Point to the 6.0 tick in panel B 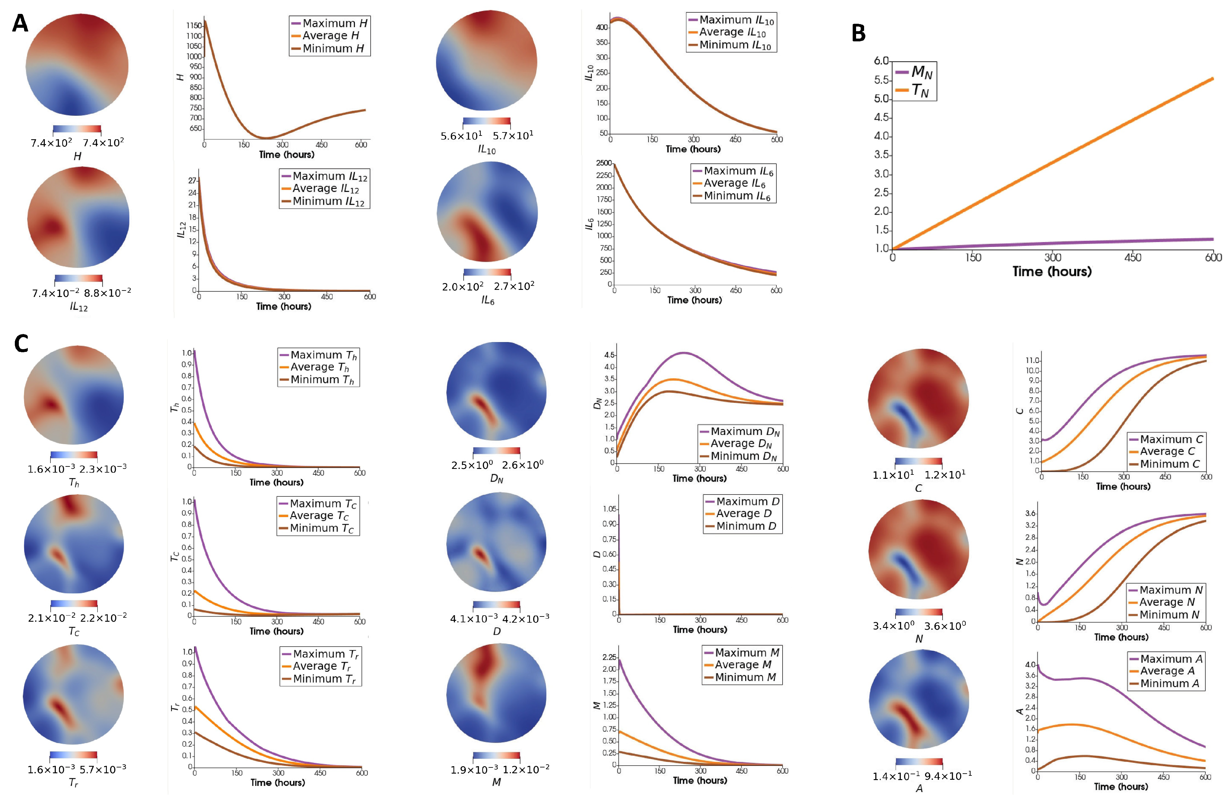pyautogui.click(x=881, y=61)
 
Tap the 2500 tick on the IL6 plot pyautogui.click(x=603, y=163)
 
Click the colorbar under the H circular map pyautogui.click(x=77, y=130)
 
